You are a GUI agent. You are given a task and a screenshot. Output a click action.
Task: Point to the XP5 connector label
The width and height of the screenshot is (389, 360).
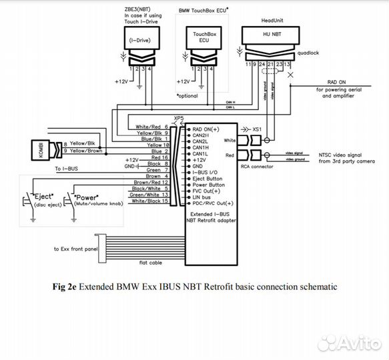[x=178, y=118]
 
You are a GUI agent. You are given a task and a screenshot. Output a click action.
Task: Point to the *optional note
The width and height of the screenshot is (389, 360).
[x=189, y=97]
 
